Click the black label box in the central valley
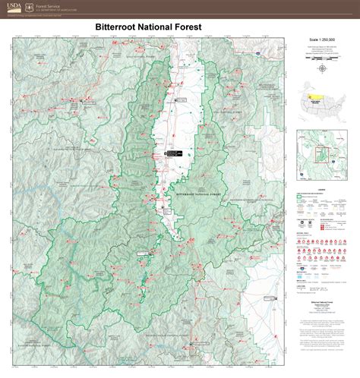(174, 155)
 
